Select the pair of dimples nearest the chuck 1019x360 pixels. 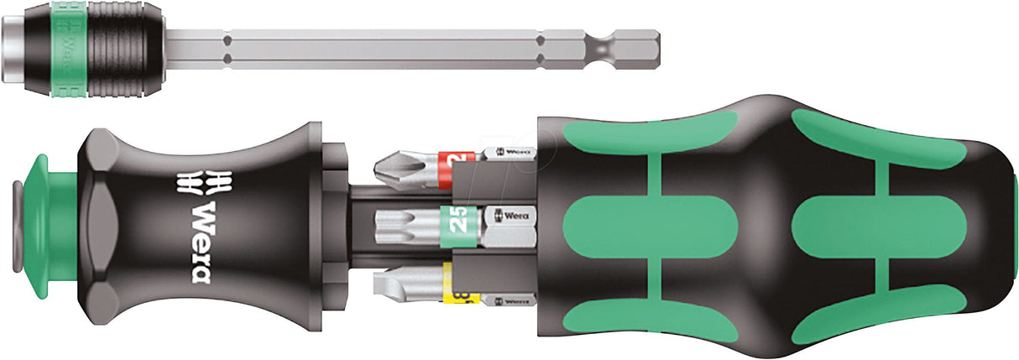click(x=227, y=48)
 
